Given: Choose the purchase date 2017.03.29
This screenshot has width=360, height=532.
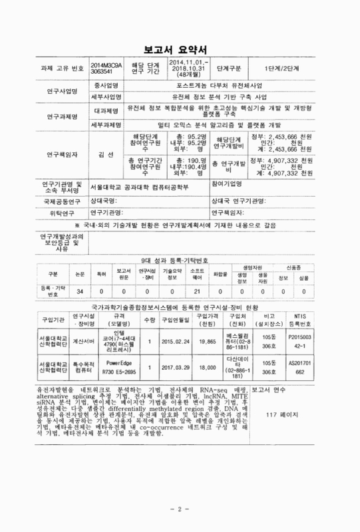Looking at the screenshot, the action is pyautogui.click(x=176, y=367).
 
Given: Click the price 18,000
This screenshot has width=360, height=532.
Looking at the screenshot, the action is pyautogui.click(x=208, y=367).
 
